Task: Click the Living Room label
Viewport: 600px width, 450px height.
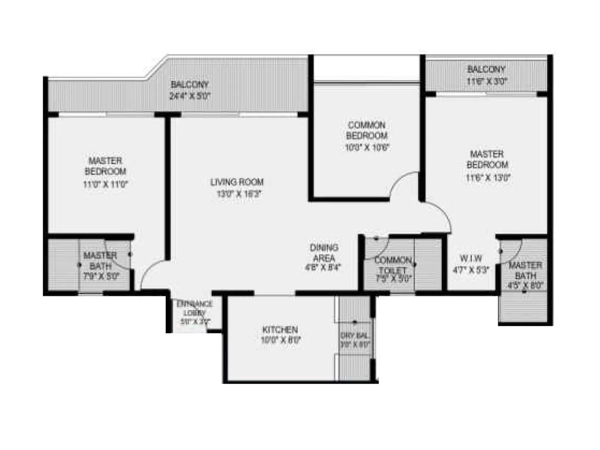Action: coord(237,182)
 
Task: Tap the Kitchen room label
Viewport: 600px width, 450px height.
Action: coord(280,330)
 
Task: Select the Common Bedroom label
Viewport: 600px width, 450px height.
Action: coord(366,130)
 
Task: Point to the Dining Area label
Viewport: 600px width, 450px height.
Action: coord(324,253)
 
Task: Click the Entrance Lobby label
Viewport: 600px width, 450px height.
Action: coord(195,308)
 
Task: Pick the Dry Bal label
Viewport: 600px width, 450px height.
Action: coord(354,335)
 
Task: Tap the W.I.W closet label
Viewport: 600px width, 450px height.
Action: coord(471,258)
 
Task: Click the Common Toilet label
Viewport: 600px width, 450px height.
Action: coord(393,265)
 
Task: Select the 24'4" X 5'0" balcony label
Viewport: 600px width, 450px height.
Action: coord(190,96)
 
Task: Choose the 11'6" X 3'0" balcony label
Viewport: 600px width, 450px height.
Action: coord(486,81)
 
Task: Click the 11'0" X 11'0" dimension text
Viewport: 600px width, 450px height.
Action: coord(105,184)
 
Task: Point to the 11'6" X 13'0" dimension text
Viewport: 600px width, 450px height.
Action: coord(488,177)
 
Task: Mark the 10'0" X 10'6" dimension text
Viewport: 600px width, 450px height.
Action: coord(367,147)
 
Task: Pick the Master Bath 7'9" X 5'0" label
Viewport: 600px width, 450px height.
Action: coord(100,265)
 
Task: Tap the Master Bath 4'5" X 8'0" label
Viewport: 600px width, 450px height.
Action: coord(525,275)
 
